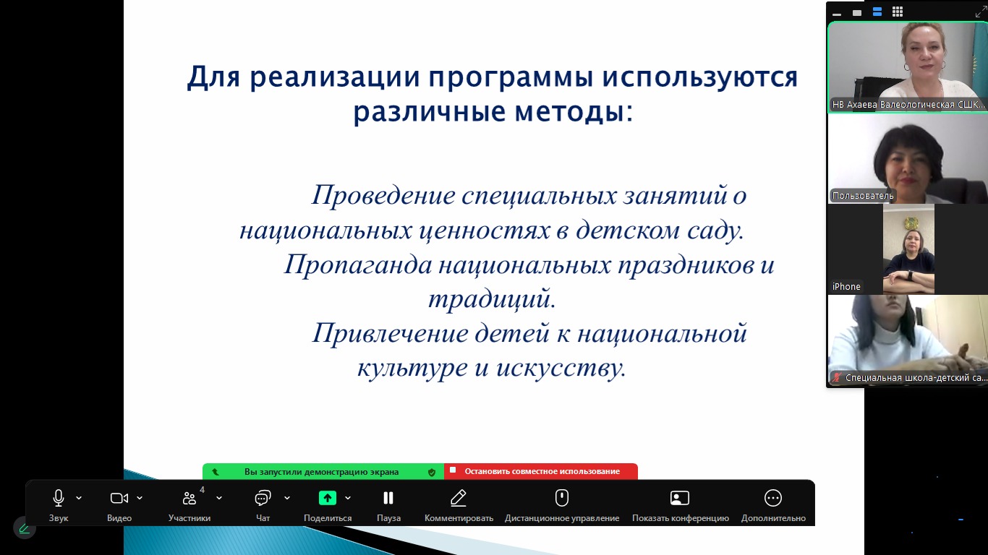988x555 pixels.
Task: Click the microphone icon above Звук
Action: click(58, 498)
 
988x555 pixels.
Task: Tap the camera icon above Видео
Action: click(119, 498)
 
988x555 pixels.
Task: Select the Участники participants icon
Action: click(189, 498)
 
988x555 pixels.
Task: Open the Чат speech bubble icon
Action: click(263, 498)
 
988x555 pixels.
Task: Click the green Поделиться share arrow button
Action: click(327, 498)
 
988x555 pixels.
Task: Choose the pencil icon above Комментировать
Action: click(459, 498)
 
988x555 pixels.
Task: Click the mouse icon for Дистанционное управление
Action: click(561, 498)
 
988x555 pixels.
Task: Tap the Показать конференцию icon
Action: click(680, 498)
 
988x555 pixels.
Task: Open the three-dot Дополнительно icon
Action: click(772, 498)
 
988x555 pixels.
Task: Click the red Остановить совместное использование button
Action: click(541, 471)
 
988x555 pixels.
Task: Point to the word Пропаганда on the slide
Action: click(358, 265)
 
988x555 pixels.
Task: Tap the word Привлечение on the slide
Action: click(391, 333)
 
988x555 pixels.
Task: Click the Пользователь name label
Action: click(863, 195)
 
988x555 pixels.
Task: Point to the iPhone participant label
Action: click(846, 287)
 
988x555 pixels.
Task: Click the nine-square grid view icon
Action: click(897, 12)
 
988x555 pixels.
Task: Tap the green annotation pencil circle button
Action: click(25, 528)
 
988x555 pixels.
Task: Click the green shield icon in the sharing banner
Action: click(432, 472)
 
